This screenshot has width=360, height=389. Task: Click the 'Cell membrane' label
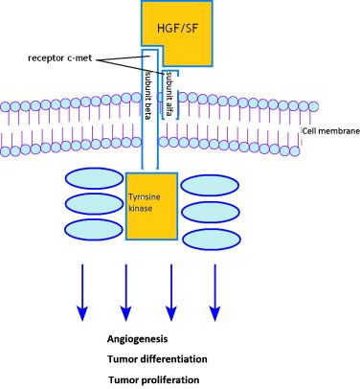tap(329, 130)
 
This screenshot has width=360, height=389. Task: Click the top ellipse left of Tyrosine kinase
tap(93, 181)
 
